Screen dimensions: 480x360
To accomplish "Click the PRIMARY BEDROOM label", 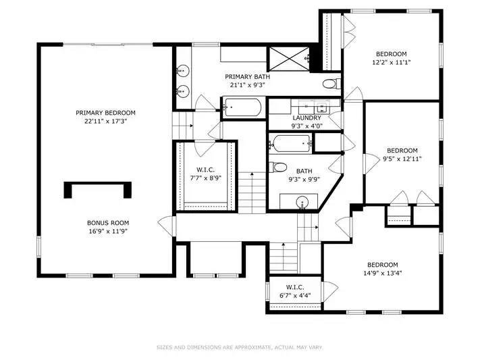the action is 105,113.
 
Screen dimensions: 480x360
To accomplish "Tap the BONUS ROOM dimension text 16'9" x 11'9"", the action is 108,231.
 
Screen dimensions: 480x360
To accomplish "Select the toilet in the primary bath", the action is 332,84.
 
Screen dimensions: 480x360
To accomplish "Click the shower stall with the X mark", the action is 289,59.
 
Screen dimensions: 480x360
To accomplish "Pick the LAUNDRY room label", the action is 306,118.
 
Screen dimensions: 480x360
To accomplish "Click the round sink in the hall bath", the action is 302,203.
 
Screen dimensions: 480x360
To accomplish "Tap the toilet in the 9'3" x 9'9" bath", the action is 278,168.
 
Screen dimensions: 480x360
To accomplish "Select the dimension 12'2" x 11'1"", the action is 392,63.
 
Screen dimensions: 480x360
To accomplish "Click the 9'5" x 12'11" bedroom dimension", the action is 402,159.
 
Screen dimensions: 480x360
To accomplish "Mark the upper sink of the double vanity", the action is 183,71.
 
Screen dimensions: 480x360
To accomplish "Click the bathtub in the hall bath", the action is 291,143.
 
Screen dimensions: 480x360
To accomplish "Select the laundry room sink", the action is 321,107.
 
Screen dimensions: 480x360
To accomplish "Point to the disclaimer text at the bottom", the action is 240,347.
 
